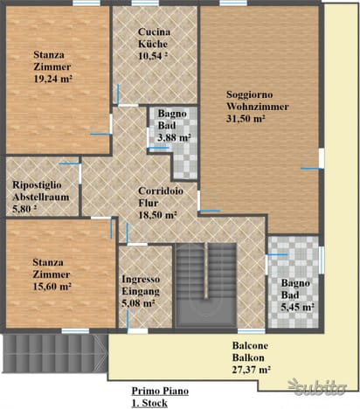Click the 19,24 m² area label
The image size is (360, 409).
click(52, 79)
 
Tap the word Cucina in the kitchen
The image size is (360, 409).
click(154, 31)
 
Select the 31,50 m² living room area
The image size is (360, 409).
click(246, 119)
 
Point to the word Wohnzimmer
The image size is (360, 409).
click(258, 107)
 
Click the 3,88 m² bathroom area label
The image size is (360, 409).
click(174, 137)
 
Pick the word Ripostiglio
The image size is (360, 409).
click(37, 185)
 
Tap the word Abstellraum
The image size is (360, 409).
click(41, 197)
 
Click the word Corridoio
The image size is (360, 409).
click(161, 191)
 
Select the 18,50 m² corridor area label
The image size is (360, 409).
click(157, 215)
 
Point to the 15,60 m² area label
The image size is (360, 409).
click(52, 287)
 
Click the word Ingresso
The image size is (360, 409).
click(141, 279)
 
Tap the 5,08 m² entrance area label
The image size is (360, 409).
click(138, 303)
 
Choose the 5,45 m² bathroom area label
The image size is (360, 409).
click(297, 307)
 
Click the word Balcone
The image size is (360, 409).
click(250, 345)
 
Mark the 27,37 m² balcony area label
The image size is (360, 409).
click(252, 370)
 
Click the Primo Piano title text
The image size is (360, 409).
click(160, 391)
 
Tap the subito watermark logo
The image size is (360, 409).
click(317, 387)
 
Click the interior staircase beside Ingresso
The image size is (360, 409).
click(206, 286)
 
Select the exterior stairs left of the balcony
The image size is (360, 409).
click(55, 353)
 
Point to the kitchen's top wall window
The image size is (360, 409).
click(145, 3)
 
